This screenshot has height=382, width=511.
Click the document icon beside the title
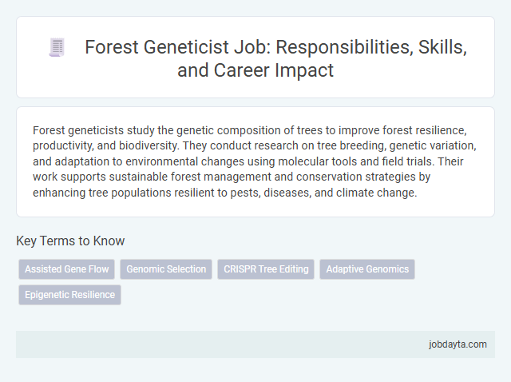57,48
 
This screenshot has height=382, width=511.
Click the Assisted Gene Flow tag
67,269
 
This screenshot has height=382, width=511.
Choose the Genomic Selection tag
166,269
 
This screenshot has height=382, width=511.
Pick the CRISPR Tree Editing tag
266,269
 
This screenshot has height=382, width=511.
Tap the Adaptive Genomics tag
367,269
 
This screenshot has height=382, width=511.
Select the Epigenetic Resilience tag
69,295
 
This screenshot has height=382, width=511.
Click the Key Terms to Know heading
70,241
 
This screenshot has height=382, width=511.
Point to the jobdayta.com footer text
457,344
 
